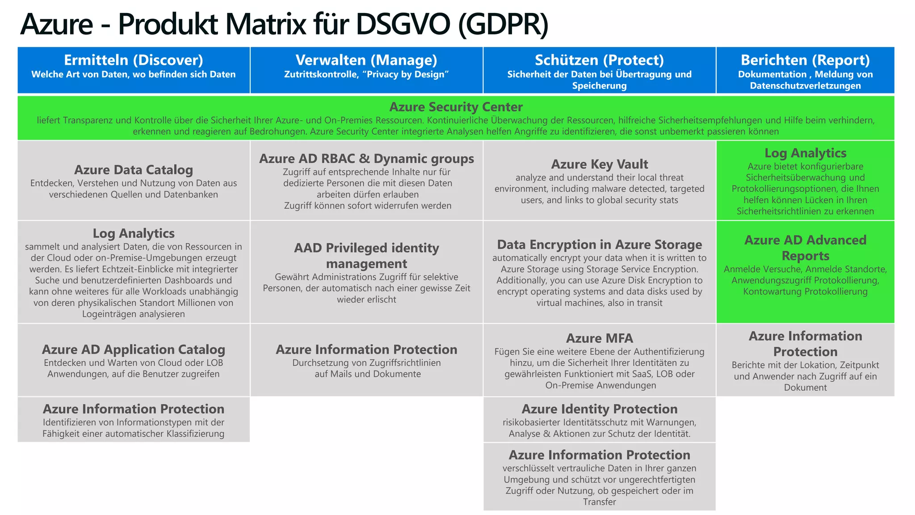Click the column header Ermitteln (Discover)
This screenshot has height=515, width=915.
tap(133, 60)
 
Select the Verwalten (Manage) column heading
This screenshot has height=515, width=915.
tap(366, 60)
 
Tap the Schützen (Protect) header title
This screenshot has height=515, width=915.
tap(599, 60)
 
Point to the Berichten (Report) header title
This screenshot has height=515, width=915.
tap(805, 60)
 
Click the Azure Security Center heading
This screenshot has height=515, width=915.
tap(456, 107)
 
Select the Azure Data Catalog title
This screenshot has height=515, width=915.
tap(133, 170)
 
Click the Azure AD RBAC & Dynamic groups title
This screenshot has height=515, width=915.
tap(366, 159)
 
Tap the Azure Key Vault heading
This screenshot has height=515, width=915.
tap(599, 164)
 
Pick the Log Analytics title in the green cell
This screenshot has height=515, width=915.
tap(805, 153)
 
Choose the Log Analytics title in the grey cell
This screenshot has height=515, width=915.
tap(133, 233)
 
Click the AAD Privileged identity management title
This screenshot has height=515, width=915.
tap(366, 256)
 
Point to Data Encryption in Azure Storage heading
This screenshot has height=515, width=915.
tap(599, 245)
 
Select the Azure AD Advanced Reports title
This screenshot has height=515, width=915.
tap(805, 248)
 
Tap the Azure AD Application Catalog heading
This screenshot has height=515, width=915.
tap(133, 350)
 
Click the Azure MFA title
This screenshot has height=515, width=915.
tap(599, 338)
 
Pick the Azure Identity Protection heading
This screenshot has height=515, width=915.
tap(599, 409)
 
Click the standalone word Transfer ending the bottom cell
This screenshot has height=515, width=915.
tap(599, 502)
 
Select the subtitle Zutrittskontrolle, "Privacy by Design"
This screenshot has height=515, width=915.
tap(366, 75)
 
